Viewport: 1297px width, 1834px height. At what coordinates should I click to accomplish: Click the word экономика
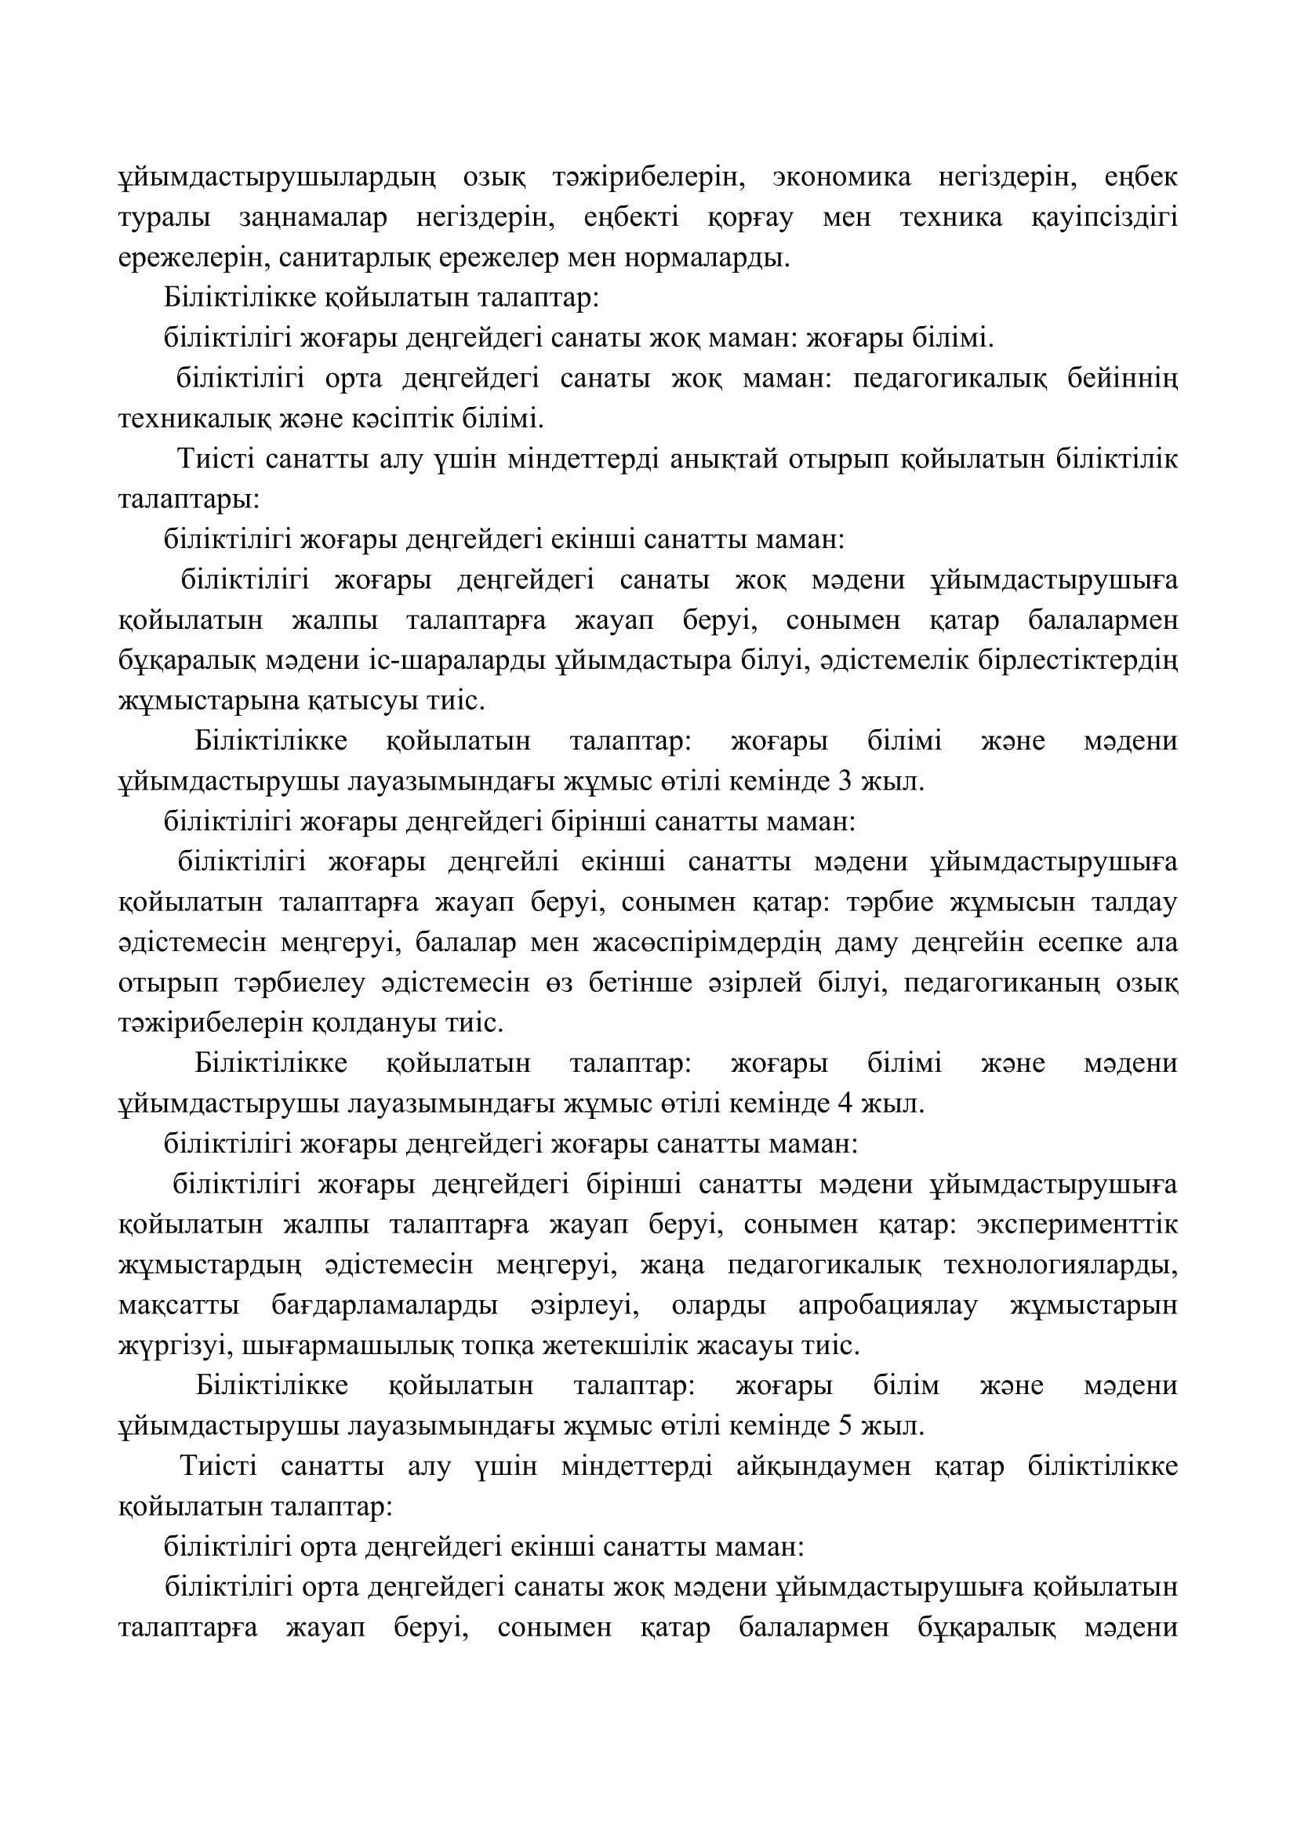point(841,177)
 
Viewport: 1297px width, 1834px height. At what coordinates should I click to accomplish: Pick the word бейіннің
point(1122,378)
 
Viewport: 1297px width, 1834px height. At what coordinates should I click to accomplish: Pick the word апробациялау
point(888,1306)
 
